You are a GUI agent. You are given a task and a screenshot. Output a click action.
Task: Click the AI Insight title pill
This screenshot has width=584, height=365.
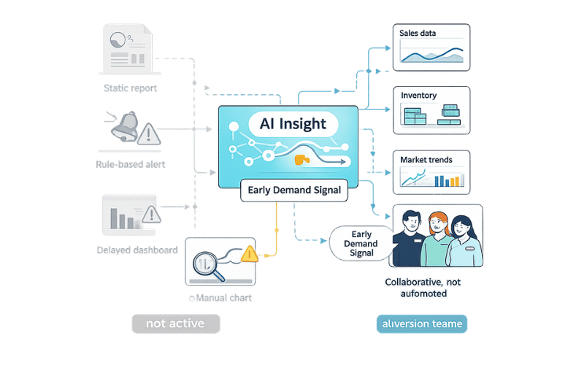293,123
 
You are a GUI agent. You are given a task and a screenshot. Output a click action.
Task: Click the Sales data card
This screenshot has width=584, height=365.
430,48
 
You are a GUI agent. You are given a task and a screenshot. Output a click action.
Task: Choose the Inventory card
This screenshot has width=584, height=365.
430,111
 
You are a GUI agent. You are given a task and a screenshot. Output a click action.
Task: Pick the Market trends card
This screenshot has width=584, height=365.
430,172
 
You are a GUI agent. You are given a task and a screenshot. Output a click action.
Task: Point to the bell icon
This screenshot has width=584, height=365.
123,129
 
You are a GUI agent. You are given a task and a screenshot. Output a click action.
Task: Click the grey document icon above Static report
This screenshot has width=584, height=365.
124,49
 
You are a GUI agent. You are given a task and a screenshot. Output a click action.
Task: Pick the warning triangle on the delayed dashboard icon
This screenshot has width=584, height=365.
151,215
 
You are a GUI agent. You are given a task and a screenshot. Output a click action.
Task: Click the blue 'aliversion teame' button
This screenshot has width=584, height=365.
422,323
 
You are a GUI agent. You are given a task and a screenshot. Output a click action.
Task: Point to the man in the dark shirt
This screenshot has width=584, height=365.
409,237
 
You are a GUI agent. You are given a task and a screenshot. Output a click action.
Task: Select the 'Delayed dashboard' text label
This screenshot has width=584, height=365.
137,250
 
